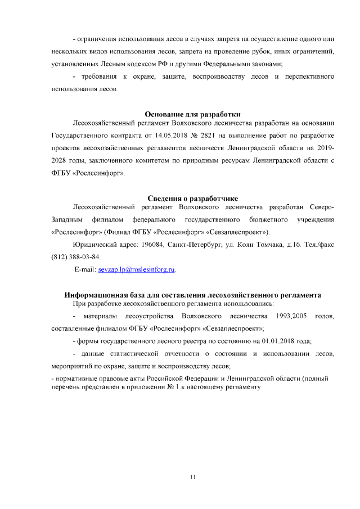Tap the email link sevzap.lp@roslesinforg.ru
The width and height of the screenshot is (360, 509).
click(137, 270)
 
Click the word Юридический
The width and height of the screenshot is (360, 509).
click(94, 245)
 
